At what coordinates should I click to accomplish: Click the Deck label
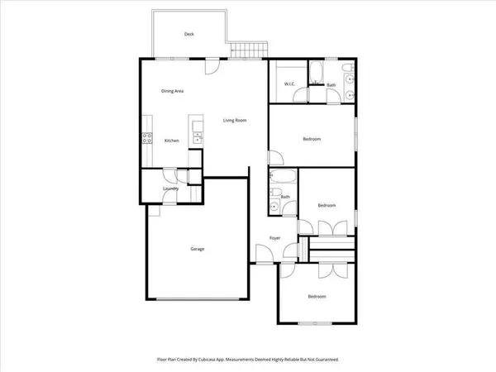pos(189,34)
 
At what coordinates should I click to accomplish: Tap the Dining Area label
pos(173,91)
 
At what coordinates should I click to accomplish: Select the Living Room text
pos(236,121)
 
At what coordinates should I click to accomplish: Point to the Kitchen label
pos(172,141)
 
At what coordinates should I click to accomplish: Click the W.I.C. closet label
pos(290,84)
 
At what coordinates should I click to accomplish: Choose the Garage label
pos(198,249)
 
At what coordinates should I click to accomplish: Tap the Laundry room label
pos(171,189)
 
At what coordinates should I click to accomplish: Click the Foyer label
pos(275,238)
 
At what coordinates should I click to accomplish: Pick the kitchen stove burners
pos(146,138)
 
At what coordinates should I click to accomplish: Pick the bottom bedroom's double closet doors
pos(334,270)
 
